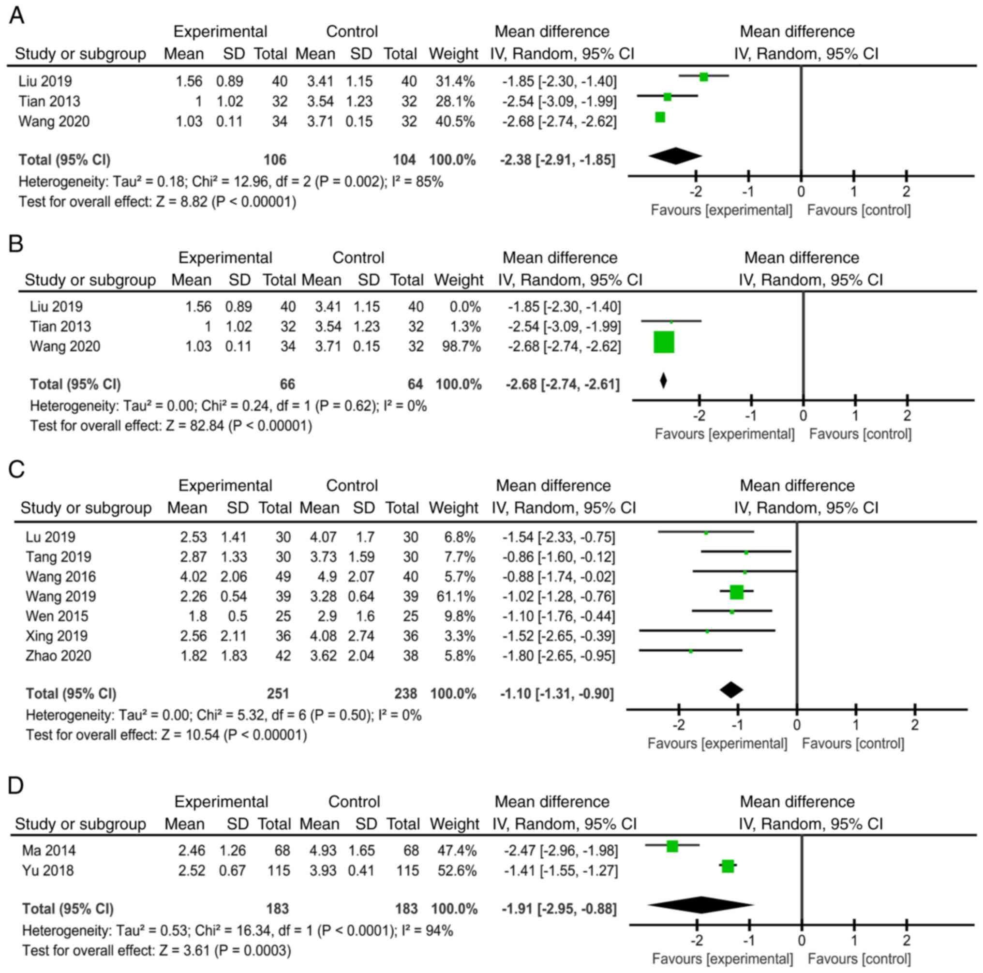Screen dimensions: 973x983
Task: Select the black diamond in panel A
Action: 675,156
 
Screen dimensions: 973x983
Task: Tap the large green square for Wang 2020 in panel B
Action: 664,342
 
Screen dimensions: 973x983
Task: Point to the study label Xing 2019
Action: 57,636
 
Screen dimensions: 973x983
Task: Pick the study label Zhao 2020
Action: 59,656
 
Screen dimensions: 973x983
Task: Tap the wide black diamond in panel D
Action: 700,905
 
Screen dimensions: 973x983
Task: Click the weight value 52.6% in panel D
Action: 457,871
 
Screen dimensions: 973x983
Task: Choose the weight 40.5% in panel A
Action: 455,121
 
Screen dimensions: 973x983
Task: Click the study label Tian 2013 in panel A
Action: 49,101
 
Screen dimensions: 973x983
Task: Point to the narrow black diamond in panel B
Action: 663,381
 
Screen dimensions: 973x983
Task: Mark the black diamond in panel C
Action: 731,690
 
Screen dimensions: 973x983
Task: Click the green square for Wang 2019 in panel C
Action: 736,592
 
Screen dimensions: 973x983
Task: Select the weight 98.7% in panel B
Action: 461,346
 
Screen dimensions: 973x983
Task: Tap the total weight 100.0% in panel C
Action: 453,694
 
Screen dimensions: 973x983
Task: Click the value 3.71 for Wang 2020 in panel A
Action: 320,121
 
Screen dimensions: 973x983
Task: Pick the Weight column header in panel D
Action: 454,824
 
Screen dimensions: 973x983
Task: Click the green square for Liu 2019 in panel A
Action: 704,77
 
